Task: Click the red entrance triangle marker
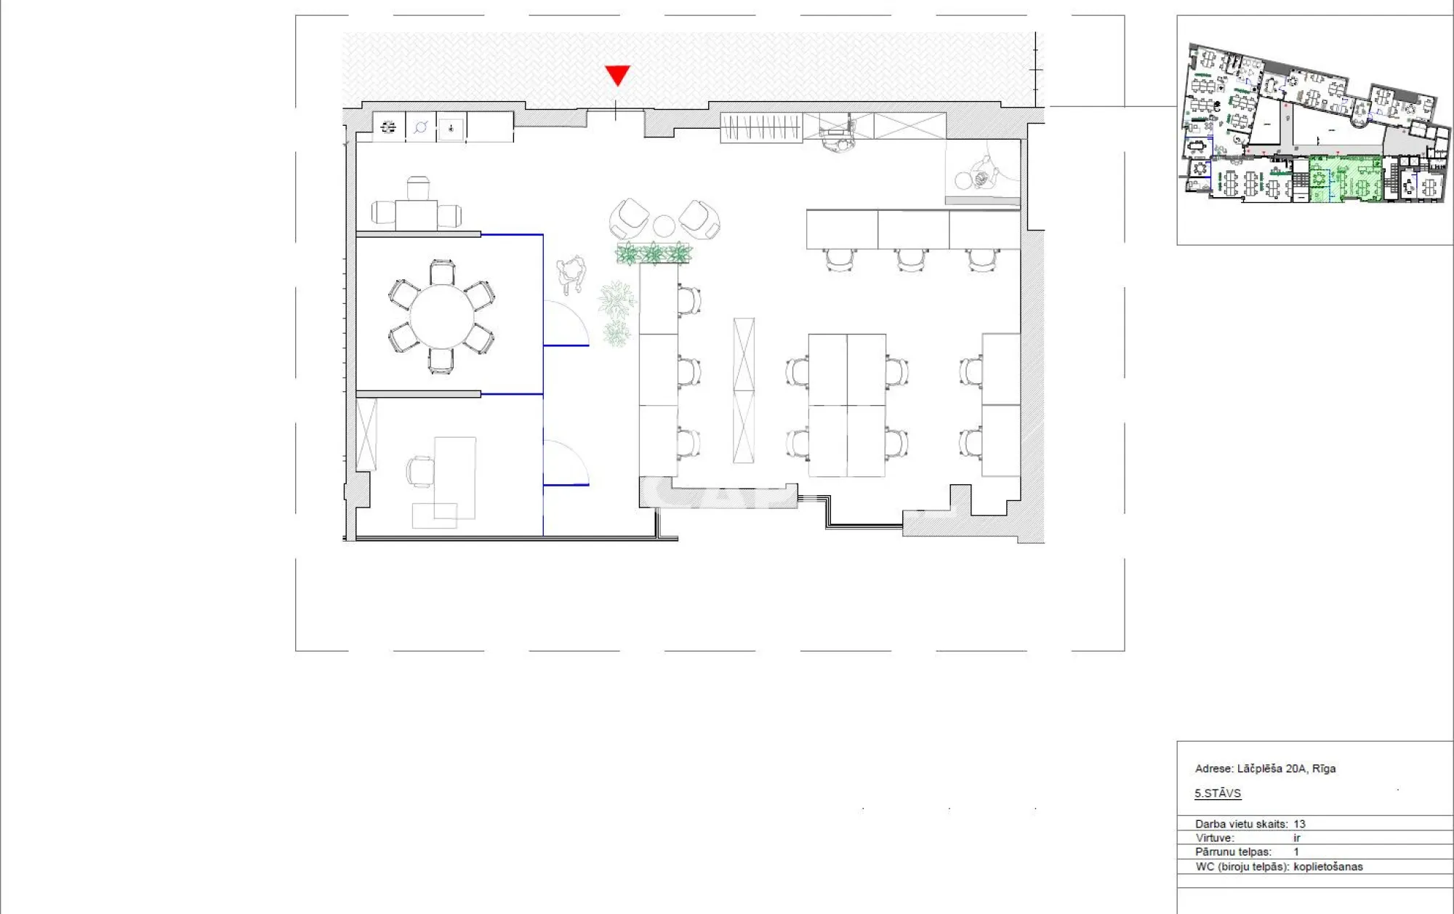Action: (x=617, y=75)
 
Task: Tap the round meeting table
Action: (x=442, y=316)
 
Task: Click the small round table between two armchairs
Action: (x=664, y=226)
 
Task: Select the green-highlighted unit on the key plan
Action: (x=1345, y=179)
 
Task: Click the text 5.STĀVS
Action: (x=1218, y=793)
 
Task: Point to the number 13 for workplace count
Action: (x=1299, y=824)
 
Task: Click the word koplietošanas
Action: (x=1328, y=867)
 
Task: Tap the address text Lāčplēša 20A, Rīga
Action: (x=1286, y=769)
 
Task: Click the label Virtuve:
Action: (x=1215, y=838)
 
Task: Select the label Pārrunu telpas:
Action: (x=1233, y=851)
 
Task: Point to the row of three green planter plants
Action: (x=654, y=254)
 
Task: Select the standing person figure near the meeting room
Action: (x=571, y=273)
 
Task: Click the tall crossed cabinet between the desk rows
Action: (x=744, y=390)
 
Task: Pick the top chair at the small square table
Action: (x=418, y=188)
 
